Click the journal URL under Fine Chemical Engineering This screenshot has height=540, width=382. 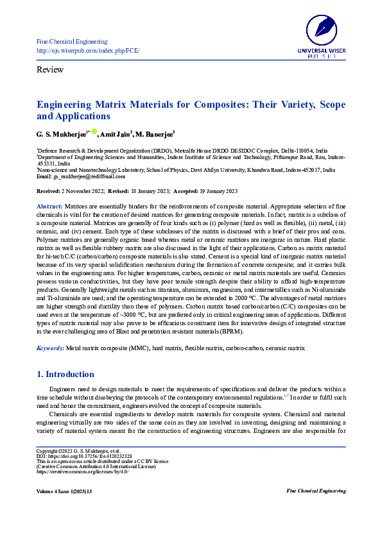(x=88, y=50)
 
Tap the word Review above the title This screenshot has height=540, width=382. (x=50, y=69)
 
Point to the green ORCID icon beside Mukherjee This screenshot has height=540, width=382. (x=94, y=131)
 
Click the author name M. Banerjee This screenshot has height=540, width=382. (x=154, y=133)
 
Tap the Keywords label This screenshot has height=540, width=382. (x=50, y=348)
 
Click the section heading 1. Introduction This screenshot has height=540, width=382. (x=65, y=374)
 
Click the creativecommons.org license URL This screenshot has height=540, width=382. (x=83, y=472)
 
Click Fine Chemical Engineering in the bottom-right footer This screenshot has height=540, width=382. (x=315, y=491)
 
